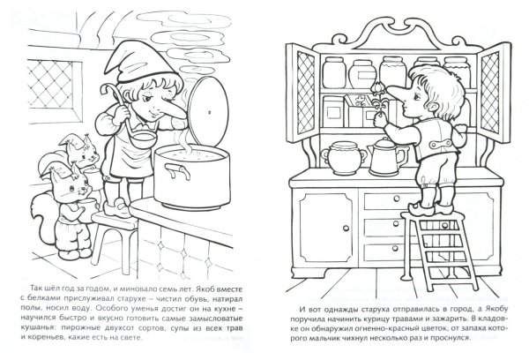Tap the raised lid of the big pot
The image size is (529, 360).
[208, 111]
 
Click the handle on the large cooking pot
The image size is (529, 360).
[177, 170]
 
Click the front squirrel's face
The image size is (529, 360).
[71, 189]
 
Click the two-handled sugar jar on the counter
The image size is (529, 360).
[344, 158]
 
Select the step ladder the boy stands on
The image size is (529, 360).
[440, 250]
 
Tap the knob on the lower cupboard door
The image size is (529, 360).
[346, 229]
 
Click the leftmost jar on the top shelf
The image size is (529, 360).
[334, 72]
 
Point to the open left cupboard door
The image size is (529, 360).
[302, 93]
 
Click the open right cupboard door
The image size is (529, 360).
[495, 93]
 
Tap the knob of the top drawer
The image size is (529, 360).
[397, 199]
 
